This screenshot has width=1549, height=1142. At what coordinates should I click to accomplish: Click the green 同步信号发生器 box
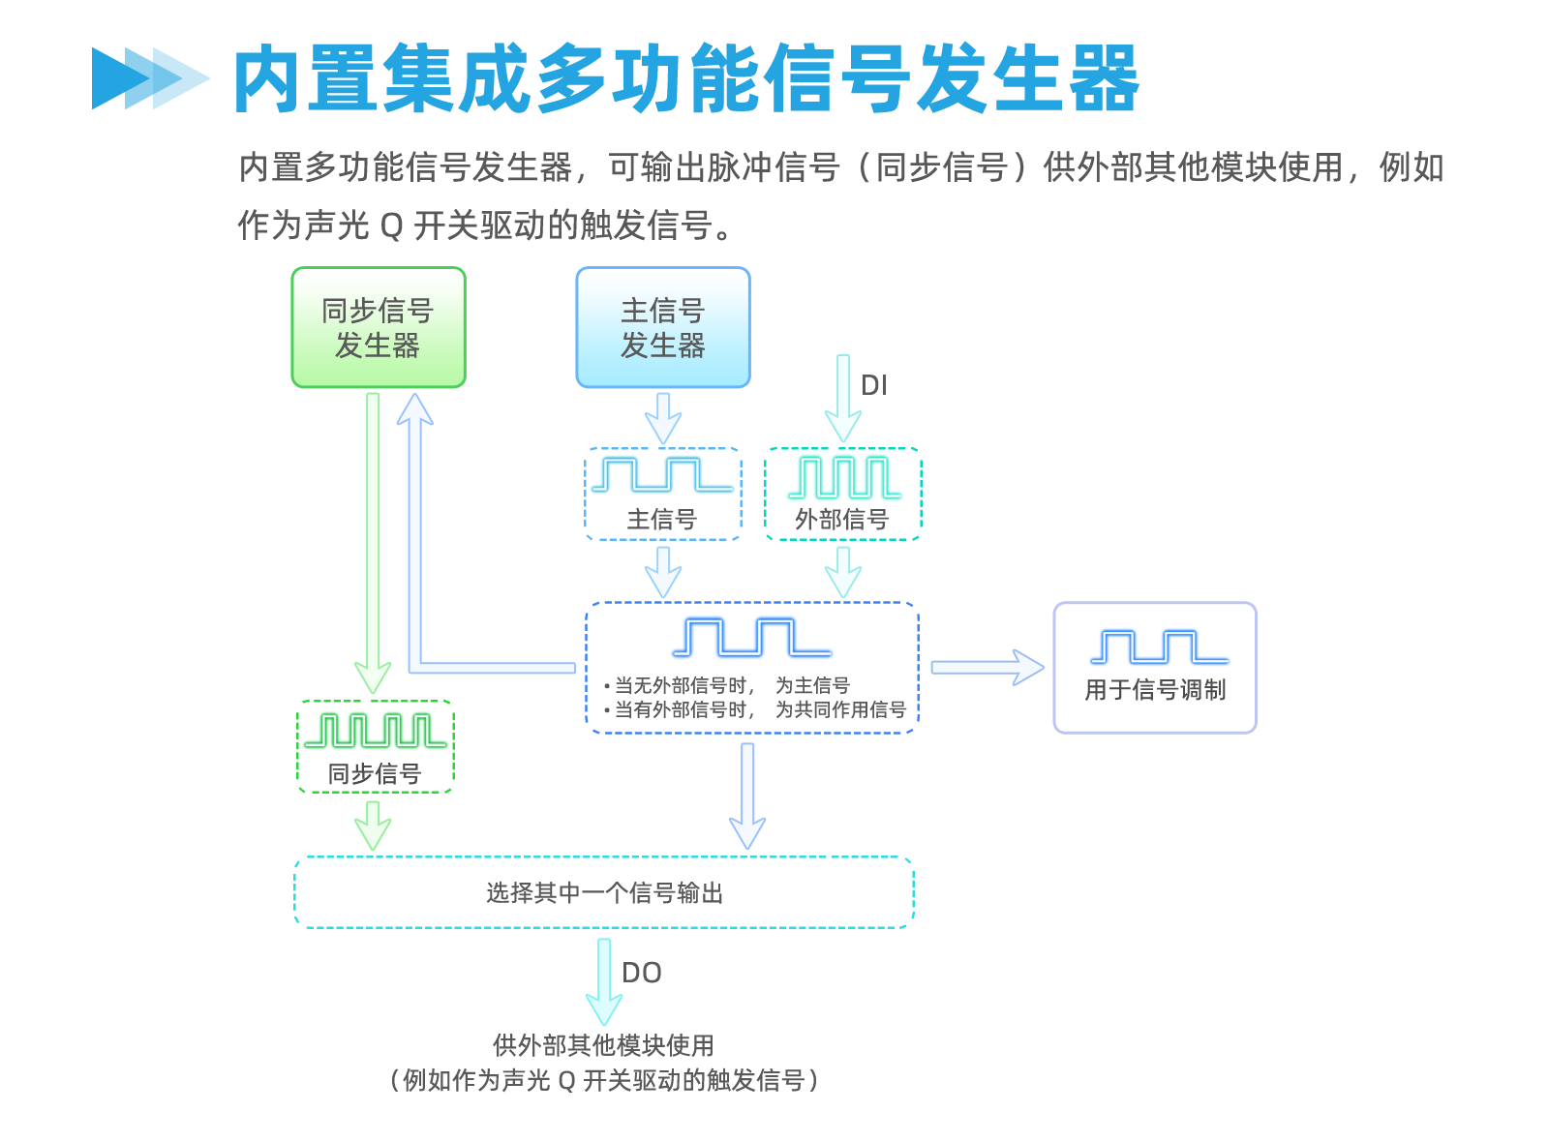coord(379,327)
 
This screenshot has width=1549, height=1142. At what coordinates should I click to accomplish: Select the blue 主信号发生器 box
coord(662,327)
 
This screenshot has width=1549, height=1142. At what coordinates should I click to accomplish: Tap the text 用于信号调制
coord(1155,690)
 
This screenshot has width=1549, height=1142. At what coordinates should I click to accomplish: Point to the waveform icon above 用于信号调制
coord(1160,646)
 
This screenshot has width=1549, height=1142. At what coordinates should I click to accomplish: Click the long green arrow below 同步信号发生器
coord(373,542)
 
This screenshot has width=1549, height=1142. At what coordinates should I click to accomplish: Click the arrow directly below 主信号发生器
coord(663,418)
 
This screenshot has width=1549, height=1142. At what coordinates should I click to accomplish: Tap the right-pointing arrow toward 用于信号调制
coord(987,668)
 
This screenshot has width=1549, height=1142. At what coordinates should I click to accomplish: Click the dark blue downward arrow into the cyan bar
coord(745,796)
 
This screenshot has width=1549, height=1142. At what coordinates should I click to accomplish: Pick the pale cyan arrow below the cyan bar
coord(603,981)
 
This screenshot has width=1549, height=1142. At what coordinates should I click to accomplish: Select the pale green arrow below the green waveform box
coord(373,826)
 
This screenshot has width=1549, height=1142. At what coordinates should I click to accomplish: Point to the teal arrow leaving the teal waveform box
coord(843,571)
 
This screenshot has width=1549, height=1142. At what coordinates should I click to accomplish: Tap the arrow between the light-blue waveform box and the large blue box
coord(663,571)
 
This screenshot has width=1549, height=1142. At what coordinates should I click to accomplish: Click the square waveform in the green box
coord(375,731)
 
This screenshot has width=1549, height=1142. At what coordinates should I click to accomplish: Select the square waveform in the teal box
coord(845,477)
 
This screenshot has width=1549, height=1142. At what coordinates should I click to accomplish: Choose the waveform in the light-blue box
coord(662,475)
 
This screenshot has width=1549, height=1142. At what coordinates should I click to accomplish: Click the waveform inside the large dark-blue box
coord(752,638)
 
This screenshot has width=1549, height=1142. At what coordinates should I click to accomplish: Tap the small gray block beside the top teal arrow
coord(874,384)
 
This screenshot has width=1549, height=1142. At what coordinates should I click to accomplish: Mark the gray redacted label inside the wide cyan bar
coord(603,892)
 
